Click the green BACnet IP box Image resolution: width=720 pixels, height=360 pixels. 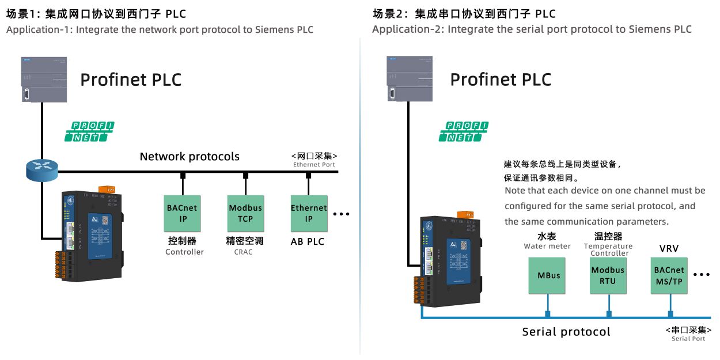[183, 213]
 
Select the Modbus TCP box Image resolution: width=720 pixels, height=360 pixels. [245, 213]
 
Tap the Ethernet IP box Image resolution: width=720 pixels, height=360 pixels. [309, 213]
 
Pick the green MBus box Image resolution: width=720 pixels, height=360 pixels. [548, 275]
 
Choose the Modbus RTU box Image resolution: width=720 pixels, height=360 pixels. [608, 275]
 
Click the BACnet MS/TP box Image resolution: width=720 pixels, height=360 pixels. [669, 275]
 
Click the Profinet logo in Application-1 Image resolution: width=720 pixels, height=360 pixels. [89, 131]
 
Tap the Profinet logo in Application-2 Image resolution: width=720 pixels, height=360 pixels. [464, 131]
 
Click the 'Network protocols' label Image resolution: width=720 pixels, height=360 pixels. [190, 157]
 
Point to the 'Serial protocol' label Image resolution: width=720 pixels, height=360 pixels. [566, 332]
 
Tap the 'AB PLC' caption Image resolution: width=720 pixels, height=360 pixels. [308, 241]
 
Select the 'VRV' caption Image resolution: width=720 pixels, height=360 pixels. [669, 249]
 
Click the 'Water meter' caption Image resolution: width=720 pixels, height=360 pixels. [547, 247]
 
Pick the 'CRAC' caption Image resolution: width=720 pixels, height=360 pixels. [243, 252]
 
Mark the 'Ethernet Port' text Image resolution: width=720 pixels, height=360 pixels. [314, 165]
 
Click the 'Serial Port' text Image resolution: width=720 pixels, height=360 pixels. [688, 339]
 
